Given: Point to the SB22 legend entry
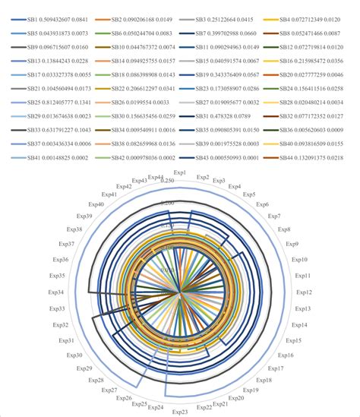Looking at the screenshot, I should pos(141,87).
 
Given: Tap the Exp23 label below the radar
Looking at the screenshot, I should pos(180,411).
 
